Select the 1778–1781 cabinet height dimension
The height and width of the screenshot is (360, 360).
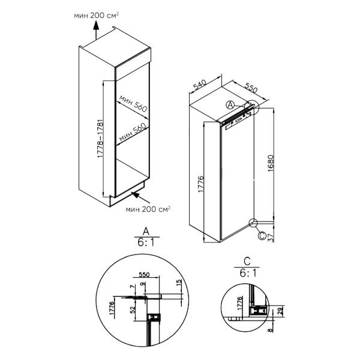tap(99, 140)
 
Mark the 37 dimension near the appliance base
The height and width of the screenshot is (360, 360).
tap(271, 236)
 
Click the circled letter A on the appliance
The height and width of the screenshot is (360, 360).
tap(230, 104)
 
